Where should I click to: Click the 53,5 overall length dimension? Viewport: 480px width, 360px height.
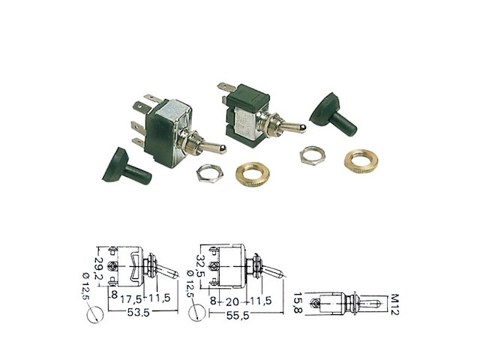coord(138,313)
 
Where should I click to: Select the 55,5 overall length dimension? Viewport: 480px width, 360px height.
coord(238,315)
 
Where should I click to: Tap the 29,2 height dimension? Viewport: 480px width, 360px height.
coord(98,268)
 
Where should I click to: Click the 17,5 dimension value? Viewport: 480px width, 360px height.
coord(130,298)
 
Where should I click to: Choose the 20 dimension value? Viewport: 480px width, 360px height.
coord(232,301)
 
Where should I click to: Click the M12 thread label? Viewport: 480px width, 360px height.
coord(395,304)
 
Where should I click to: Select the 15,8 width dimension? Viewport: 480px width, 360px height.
coord(298,303)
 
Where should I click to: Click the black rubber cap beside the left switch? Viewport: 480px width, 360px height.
coord(127,166)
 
